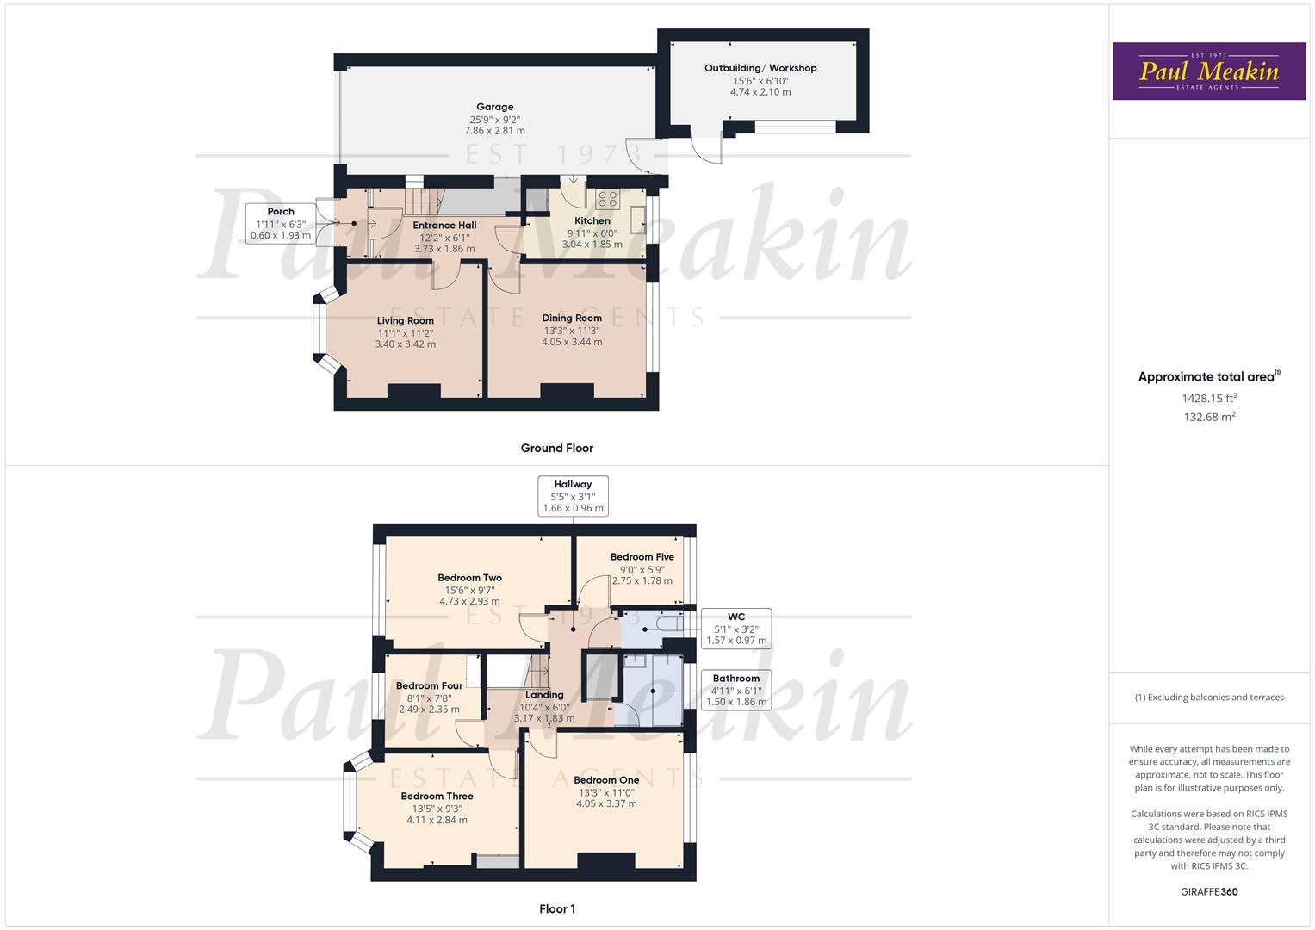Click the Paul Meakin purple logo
coord(1209,71)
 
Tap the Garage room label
coord(494,108)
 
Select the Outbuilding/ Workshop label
coord(760,68)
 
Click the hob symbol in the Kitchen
coord(607,199)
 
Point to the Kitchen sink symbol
coord(638,220)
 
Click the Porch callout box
coord(281,223)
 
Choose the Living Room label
coord(406,320)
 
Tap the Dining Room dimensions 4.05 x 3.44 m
coord(572,342)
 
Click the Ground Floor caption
coord(557,448)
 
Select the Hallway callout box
coord(573,496)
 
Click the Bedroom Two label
coord(469,578)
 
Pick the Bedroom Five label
coord(642,557)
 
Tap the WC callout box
coord(736,629)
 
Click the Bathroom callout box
coord(736,690)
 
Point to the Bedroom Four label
coord(429,686)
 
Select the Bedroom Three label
coord(437,797)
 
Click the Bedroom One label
coord(606,780)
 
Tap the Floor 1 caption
coord(557,908)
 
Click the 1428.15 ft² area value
coord(1209,398)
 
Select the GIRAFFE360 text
coord(1209,891)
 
